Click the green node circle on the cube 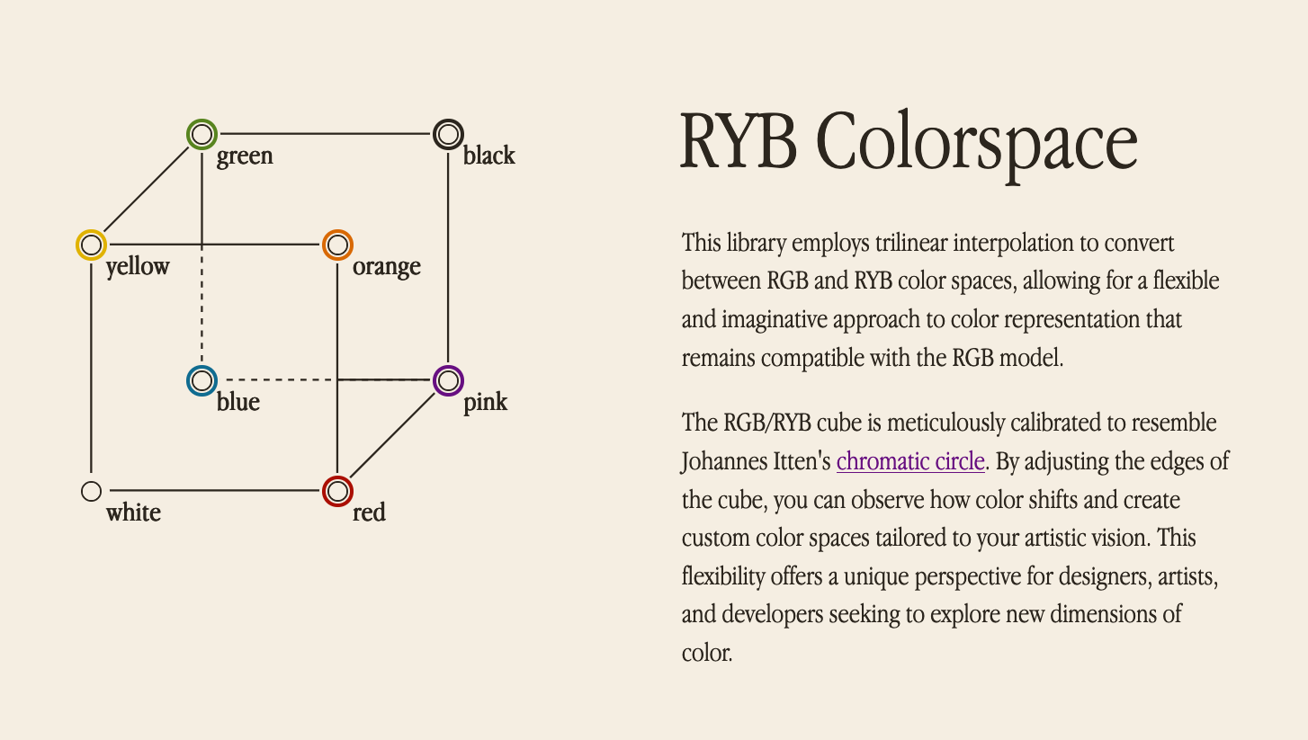202,135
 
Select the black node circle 447,135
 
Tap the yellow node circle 91,245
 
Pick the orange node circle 336,245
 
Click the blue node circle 202,380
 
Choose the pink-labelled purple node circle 447,380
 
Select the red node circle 336,491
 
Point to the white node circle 91,491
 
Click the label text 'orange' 386,267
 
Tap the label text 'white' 133,513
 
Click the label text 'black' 488,156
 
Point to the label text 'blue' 237,402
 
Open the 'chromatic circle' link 909,462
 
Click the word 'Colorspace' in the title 976,144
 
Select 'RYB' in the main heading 738,144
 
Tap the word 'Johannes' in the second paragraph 725,462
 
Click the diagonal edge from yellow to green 146,190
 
